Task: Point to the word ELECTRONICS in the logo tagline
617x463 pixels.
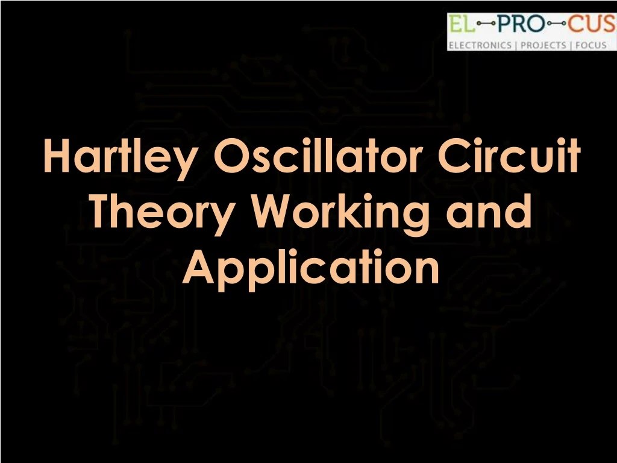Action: point(479,45)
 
